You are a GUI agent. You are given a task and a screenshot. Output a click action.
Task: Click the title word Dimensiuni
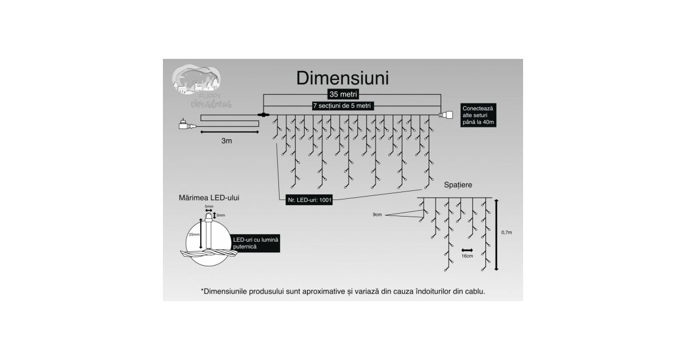(x=342, y=78)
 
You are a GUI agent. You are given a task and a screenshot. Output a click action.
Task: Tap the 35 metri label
(x=344, y=94)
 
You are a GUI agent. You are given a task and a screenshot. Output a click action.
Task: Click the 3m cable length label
(x=227, y=141)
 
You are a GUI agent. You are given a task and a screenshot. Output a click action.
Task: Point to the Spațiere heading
(x=458, y=185)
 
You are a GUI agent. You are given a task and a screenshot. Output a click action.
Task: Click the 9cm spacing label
(x=377, y=215)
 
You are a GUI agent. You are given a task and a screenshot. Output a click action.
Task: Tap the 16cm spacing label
(x=467, y=255)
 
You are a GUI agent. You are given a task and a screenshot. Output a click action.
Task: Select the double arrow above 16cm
(x=467, y=250)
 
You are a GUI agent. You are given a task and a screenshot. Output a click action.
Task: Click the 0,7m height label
(x=506, y=233)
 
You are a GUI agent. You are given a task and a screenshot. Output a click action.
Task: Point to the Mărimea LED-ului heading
(x=209, y=197)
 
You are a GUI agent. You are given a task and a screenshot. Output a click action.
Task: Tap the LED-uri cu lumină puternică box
(x=256, y=244)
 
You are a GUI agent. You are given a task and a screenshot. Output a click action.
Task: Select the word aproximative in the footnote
(x=319, y=291)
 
